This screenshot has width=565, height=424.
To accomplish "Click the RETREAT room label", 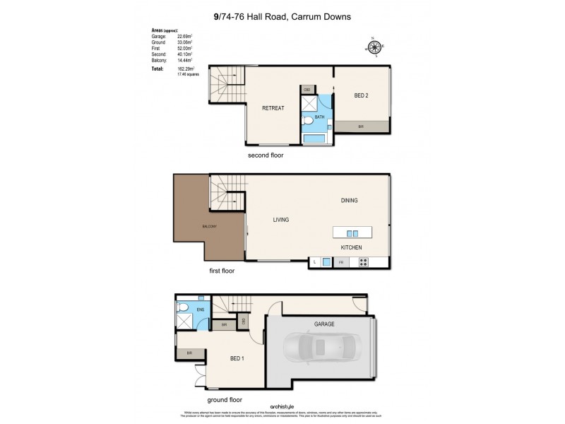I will pos(273,108).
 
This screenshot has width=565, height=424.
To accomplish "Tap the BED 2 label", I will pos(361,95).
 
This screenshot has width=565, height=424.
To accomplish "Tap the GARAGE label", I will pos(321,324).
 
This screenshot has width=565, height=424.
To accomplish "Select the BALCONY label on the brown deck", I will pos(208,226).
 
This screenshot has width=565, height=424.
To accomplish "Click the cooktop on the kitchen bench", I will pos(364,262).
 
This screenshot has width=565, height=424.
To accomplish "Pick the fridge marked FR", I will pos(341,262).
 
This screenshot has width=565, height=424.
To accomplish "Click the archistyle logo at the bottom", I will pos(282,404).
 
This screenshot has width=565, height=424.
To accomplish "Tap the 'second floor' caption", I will pos(265,154).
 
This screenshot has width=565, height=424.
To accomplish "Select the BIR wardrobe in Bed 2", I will pos(361,126).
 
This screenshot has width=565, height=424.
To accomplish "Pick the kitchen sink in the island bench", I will pos(351,233).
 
